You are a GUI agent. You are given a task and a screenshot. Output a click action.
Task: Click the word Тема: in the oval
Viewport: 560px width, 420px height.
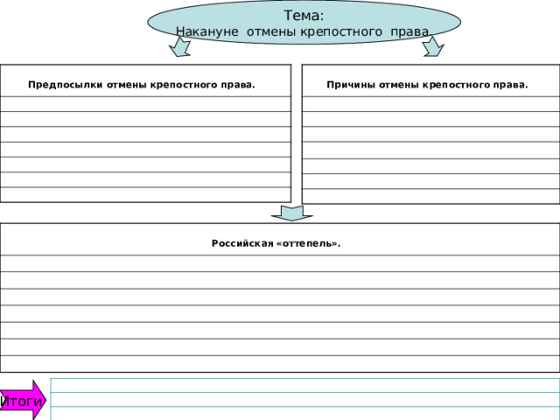[x=304, y=16]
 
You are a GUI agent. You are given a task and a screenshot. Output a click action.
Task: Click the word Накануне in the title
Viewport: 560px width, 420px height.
[x=207, y=31]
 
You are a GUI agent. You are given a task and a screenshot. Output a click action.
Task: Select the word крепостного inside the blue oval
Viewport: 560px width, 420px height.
[x=341, y=32]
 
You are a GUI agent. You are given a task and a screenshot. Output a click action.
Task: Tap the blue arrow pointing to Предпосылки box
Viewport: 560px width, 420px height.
[x=180, y=46]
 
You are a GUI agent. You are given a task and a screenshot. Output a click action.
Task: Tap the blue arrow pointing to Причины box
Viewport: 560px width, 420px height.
[x=433, y=46]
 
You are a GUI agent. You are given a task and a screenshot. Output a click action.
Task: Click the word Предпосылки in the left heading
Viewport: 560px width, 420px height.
[x=66, y=85]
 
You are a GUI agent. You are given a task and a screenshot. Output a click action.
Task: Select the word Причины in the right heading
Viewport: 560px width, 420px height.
[x=351, y=85]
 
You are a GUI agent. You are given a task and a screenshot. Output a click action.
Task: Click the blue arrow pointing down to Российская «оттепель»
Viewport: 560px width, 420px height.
[x=292, y=213]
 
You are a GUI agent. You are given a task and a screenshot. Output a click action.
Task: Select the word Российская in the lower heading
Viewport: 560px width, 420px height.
[x=242, y=243]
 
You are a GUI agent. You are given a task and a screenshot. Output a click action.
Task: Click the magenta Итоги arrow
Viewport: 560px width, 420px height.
[x=24, y=401]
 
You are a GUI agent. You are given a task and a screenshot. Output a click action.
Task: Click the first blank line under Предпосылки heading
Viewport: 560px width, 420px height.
[x=145, y=104]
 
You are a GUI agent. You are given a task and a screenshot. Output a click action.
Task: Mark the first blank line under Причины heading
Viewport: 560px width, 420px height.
[x=430, y=104]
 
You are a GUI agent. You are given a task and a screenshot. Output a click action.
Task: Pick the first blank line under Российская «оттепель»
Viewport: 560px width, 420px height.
[x=280, y=263]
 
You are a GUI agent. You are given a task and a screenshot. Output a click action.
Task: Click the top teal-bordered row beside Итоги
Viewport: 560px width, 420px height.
[x=305, y=385]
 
